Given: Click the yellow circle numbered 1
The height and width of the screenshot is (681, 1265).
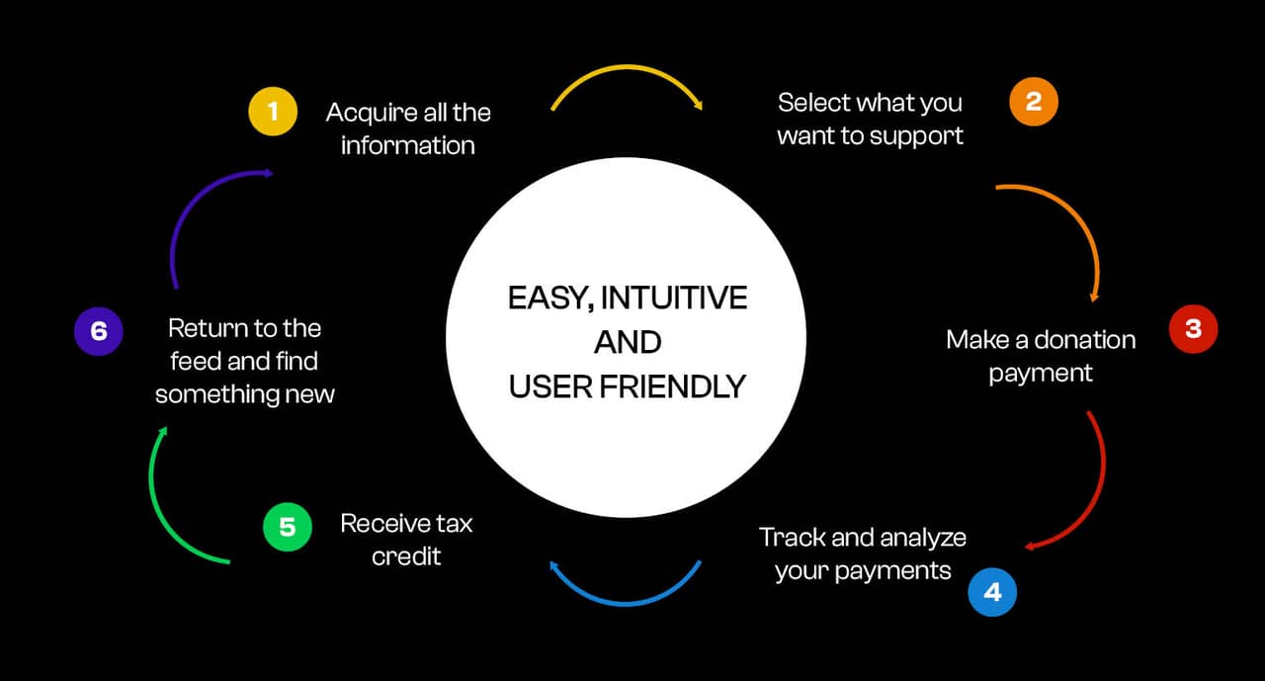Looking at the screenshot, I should [272, 112].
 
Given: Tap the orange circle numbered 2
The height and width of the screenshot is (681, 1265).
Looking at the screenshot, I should [1033, 102].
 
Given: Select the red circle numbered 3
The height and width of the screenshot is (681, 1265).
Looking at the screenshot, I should [1193, 329].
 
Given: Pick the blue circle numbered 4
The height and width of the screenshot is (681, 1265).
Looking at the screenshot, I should [992, 591].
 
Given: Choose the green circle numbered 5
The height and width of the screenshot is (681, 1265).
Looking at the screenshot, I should [287, 527].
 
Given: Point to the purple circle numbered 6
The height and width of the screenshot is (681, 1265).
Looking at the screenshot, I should [98, 331].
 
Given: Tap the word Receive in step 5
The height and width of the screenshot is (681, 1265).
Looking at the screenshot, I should [385, 523].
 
